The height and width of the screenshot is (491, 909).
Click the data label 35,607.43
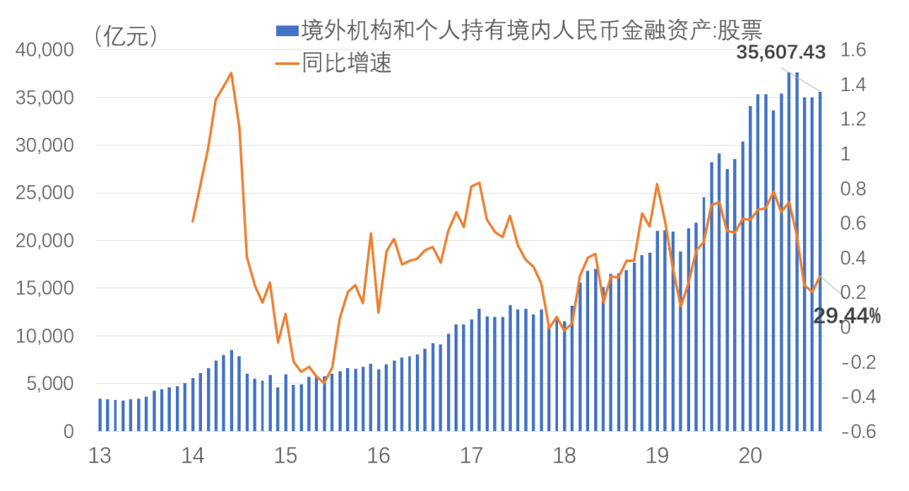point(780,52)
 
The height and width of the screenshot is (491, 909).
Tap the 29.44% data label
point(847,316)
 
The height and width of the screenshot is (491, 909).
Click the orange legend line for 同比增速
point(287,63)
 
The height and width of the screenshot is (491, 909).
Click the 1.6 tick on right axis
point(848,51)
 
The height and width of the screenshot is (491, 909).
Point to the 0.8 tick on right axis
point(848,189)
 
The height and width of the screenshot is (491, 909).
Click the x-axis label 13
point(99,456)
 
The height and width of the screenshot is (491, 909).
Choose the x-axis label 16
point(378,456)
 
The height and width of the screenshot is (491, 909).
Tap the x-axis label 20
point(750,456)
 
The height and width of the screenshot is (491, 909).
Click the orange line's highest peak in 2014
point(231,73)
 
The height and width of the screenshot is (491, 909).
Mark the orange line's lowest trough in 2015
point(324,383)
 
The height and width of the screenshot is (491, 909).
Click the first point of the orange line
point(193,221)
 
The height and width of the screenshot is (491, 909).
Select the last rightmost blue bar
point(820,261)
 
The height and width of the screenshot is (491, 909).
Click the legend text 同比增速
point(347,63)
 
